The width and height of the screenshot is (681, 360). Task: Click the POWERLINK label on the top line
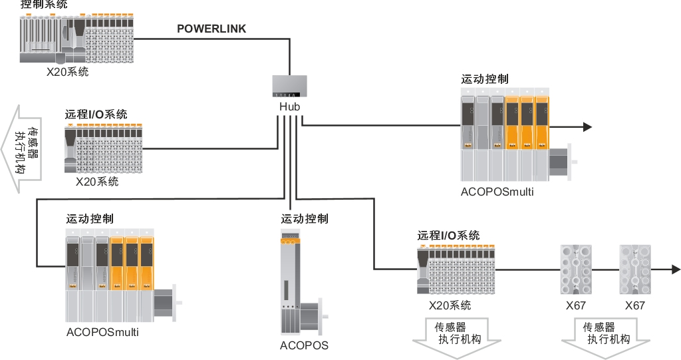(211, 29)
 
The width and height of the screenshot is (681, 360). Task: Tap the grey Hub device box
(290, 87)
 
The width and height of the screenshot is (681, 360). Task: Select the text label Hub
(290, 107)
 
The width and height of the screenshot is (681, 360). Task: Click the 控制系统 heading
(43, 5)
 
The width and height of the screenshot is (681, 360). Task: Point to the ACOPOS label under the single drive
(304, 345)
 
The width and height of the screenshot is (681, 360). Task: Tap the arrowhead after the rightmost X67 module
(676, 270)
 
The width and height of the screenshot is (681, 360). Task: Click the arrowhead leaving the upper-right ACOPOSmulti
(587, 126)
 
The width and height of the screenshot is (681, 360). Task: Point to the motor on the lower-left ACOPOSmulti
(166, 303)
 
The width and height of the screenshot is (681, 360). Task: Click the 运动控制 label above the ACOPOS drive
(304, 218)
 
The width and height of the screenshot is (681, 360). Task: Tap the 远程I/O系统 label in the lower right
(448, 235)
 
